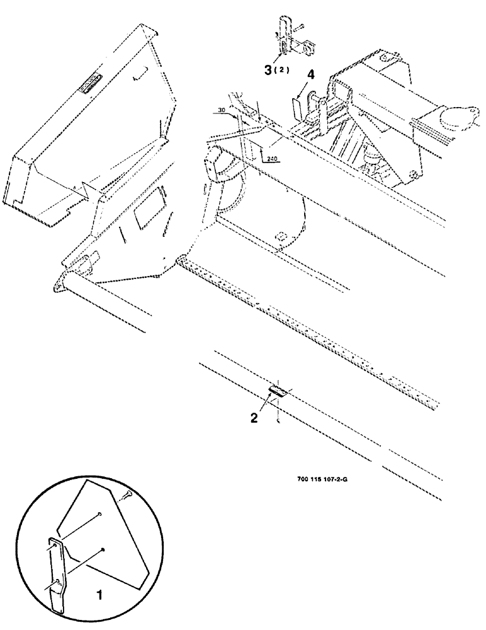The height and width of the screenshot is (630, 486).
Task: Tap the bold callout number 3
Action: pyautogui.click(x=268, y=69)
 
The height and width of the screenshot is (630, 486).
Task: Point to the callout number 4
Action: pyautogui.click(x=311, y=75)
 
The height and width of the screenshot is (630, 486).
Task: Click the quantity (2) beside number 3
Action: pyautogui.click(x=281, y=70)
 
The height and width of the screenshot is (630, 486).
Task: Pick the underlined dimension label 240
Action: pyautogui.click(x=272, y=159)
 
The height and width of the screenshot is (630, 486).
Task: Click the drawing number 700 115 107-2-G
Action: pyautogui.click(x=322, y=478)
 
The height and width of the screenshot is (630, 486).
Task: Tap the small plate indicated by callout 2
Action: pyautogui.click(x=278, y=392)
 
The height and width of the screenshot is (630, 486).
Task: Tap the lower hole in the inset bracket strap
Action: pyautogui.click(x=57, y=581)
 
